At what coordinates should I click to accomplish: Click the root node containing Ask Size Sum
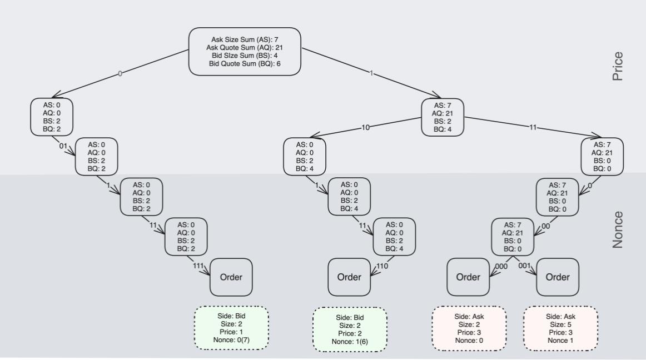coord(245,51)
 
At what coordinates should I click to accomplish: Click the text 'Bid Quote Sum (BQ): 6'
coord(245,64)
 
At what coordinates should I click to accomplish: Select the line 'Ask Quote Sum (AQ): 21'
coord(245,47)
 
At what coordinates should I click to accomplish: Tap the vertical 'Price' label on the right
coord(617,67)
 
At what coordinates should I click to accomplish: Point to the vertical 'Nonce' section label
coord(617,229)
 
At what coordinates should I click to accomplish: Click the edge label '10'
coord(365,127)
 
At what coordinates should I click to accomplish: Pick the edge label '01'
coord(63,146)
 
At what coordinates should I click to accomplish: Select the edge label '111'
coord(198,266)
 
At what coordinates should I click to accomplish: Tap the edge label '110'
coord(382,266)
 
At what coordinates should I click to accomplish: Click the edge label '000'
coord(501,266)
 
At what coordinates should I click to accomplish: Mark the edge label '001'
coord(525,266)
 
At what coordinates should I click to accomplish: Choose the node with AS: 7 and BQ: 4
coord(443,117)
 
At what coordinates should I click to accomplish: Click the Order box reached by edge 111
coord(231,277)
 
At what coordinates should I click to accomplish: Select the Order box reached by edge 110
coord(349,277)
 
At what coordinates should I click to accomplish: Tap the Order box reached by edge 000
coord(469,277)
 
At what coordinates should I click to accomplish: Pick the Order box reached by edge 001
coord(557,277)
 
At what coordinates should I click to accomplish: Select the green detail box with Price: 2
coord(350,329)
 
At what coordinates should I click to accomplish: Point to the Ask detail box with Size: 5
coord(560,328)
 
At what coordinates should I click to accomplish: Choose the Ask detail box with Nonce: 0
coord(469,328)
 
